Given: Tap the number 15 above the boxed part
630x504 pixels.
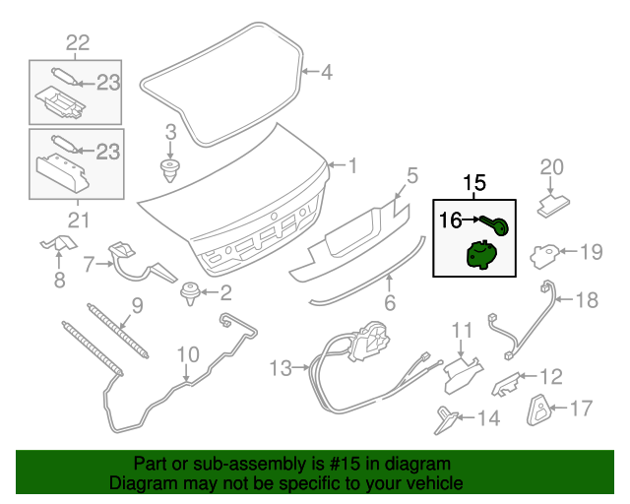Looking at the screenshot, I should (474, 183).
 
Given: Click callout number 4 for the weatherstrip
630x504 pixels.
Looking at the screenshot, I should (326, 71).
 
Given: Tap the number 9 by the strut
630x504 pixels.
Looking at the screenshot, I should (137, 305).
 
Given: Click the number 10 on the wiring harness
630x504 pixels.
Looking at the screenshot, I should (187, 353).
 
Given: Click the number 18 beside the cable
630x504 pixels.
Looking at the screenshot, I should (586, 300).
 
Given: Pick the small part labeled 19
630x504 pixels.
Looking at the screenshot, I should (543, 256).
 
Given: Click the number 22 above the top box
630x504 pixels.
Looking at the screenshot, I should (77, 41).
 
